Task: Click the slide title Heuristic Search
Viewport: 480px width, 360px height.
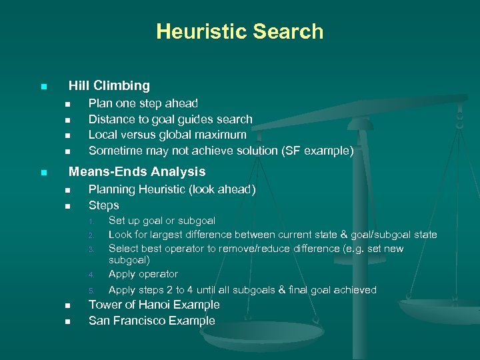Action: [x=240, y=31]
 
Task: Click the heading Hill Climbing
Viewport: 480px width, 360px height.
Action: [x=109, y=85]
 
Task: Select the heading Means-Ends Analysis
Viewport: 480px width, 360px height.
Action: [x=137, y=171]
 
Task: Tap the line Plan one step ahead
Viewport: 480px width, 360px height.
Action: [x=143, y=103]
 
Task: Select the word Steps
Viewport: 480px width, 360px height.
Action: [x=104, y=205]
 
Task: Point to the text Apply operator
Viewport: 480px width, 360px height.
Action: [x=143, y=274]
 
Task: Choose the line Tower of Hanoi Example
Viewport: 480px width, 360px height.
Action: [x=154, y=305]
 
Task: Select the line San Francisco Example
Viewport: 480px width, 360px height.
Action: [x=152, y=321]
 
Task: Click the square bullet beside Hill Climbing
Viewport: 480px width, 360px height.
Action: [x=43, y=87]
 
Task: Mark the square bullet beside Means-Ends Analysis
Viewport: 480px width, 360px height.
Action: [x=43, y=173]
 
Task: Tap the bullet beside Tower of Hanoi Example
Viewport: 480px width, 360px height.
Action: [x=67, y=306]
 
